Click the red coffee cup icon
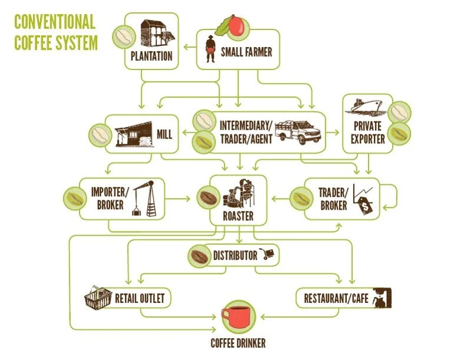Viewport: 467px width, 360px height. click(238, 318)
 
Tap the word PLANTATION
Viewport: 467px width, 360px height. click(152, 57)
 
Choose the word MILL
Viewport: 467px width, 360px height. click(164, 135)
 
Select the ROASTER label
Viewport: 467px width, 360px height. click(238, 216)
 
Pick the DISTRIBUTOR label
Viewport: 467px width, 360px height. click(235, 256)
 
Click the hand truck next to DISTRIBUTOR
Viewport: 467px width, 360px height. click(268, 254)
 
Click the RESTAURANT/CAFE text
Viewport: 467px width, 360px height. click(336, 298)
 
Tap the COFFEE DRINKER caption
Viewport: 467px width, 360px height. click(238, 343)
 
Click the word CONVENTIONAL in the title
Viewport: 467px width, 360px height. click(54, 22)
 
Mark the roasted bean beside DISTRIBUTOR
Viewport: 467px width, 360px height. click(199, 256)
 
